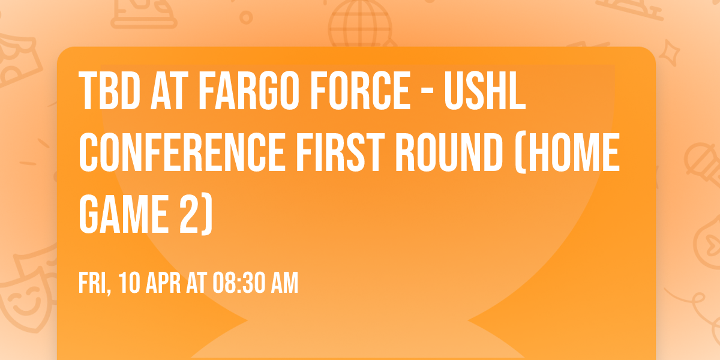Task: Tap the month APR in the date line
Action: tap(163, 283)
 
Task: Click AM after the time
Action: tap(285, 283)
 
